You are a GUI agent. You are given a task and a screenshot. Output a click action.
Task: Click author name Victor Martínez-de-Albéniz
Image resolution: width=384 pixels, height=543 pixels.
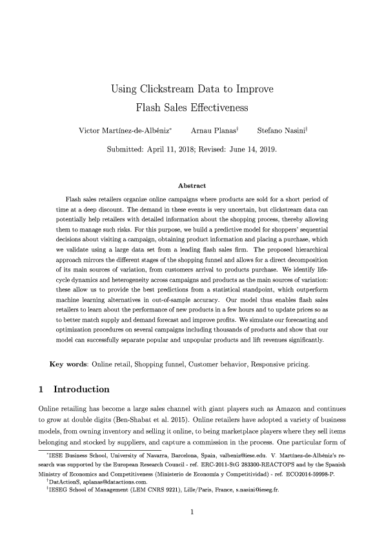point(124,132)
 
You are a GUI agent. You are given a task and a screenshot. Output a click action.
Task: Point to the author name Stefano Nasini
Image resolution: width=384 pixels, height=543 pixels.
point(281,132)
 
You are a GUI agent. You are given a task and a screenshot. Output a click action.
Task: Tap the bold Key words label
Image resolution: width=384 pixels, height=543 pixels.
point(68,364)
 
